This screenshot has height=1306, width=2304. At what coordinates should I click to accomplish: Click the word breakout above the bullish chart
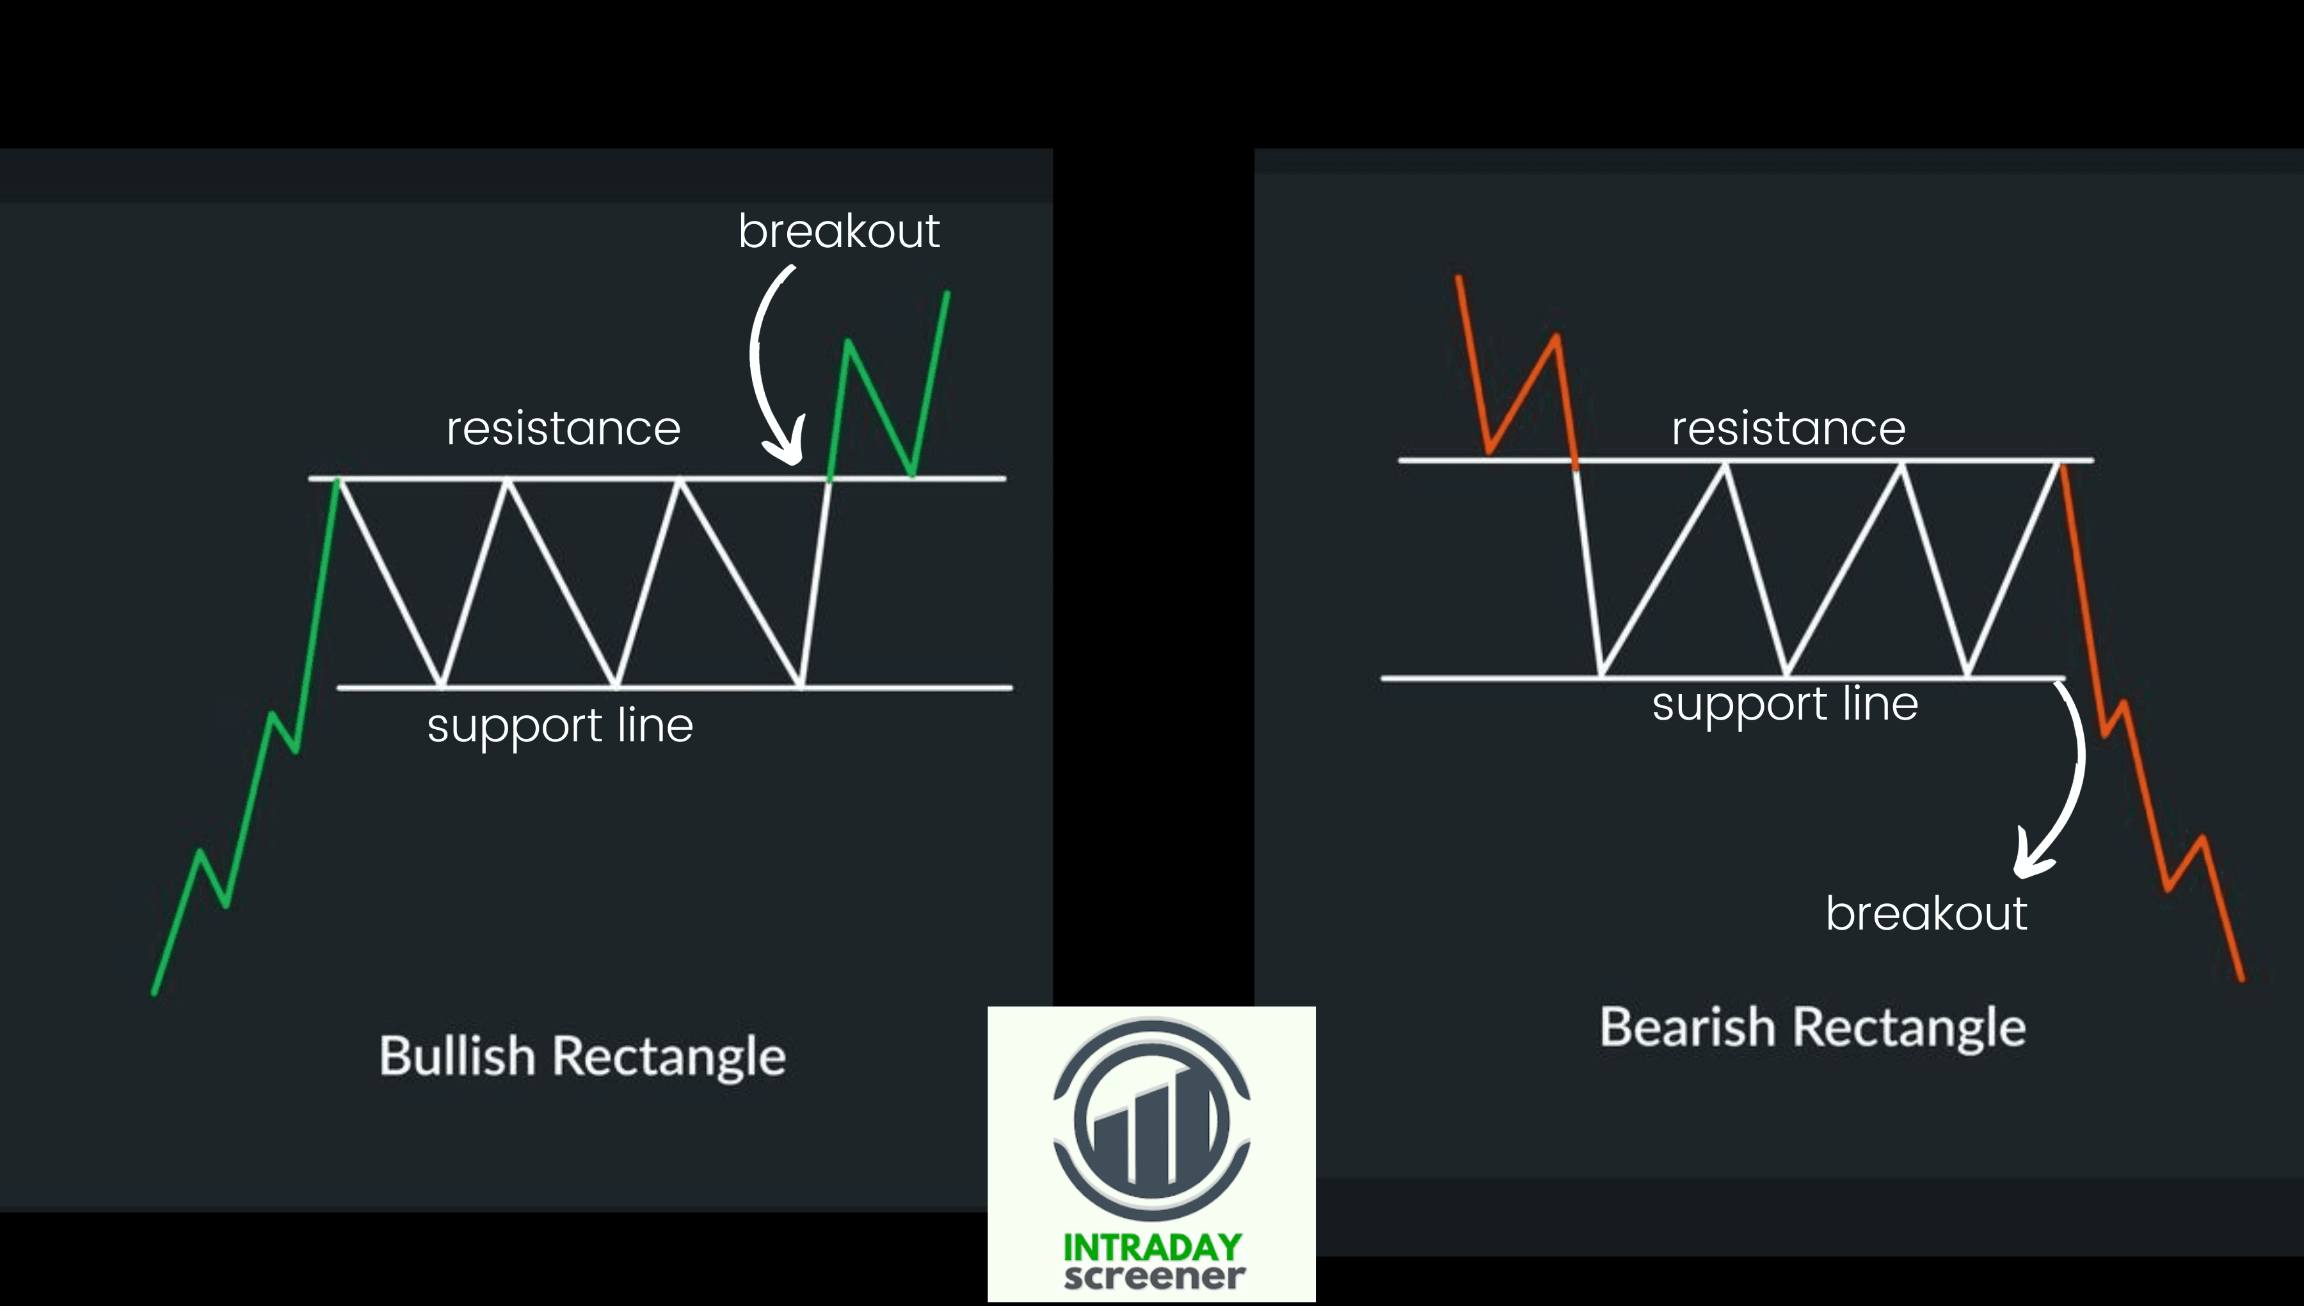click(x=838, y=231)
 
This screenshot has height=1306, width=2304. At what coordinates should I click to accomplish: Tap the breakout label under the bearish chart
click(x=1926, y=914)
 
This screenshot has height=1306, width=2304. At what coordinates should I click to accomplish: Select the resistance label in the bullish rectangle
click(x=563, y=429)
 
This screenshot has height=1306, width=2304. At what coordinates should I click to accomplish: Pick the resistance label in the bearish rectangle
click(x=1788, y=429)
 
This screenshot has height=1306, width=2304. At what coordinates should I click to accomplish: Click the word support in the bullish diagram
click(x=515, y=727)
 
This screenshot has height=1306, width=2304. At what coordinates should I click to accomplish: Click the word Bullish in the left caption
click(x=456, y=1056)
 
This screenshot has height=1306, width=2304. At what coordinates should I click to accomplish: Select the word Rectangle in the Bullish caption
click(x=669, y=1056)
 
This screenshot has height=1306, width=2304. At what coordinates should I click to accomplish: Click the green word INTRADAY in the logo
click(x=1152, y=1247)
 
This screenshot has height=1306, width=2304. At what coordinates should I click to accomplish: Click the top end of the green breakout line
click(x=948, y=293)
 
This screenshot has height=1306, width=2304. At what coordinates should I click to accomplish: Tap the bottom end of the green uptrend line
click(x=154, y=992)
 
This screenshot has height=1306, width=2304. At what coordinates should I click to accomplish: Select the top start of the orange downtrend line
click(x=1459, y=278)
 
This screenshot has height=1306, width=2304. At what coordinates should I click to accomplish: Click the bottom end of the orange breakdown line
click(x=2242, y=979)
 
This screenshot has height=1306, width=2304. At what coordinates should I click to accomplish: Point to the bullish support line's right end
click(x=1011, y=688)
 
